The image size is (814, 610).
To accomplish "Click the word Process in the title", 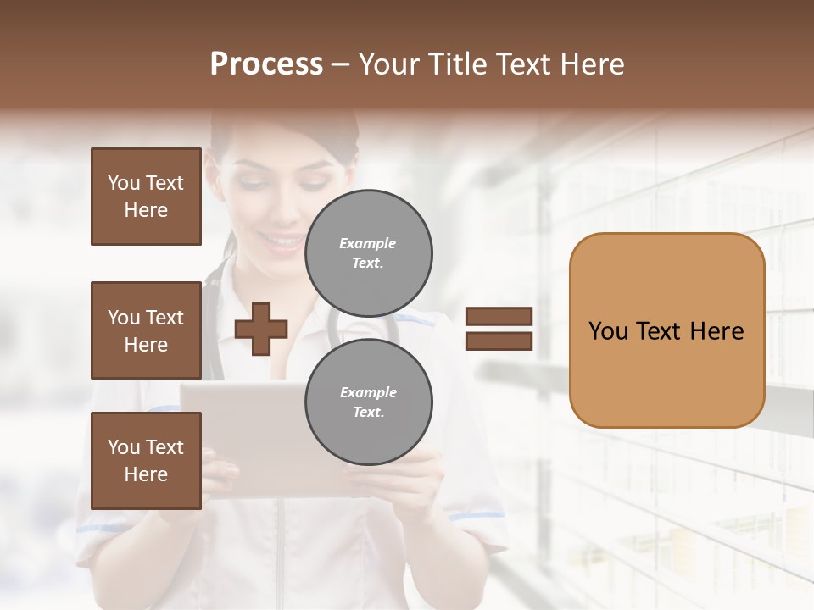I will tap(266, 64).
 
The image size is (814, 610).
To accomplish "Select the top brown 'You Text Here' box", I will tap(146, 197).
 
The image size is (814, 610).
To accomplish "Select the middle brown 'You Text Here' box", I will tap(146, 330).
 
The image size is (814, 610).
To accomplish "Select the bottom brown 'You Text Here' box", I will tap(146, 460).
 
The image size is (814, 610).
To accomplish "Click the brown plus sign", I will tap(261, 329).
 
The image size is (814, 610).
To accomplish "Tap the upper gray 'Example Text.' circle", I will tap(368, 253).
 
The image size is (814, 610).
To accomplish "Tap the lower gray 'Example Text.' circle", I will tap(368, 402).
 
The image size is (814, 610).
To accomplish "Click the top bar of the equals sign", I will tap(499, 317).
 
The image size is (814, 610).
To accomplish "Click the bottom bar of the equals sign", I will tap(499, 341).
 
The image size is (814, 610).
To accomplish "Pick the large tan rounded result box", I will tap(666, 373).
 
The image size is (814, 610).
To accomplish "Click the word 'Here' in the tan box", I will tap(716, 331).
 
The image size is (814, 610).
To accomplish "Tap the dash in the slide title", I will tap(341, 65).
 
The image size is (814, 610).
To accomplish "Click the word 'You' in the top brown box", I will tap(123, 183).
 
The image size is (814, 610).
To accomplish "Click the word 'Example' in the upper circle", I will tap(368, 243).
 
